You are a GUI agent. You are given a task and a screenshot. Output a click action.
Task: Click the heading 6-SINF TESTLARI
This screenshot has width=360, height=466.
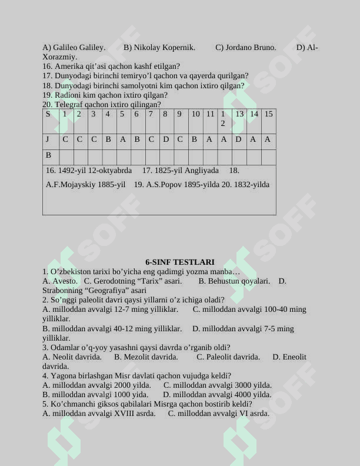click(x=180, y=262)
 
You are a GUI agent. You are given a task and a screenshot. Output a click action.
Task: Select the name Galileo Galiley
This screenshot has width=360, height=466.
click(x=79, y=48)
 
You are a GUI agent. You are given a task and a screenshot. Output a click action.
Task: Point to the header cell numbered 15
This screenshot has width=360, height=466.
click(x=268, y=114)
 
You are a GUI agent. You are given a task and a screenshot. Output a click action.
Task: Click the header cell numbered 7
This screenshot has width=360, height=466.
click(x=151, y=114)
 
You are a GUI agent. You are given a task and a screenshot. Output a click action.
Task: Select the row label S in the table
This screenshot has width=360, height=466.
click(x=48, y=114)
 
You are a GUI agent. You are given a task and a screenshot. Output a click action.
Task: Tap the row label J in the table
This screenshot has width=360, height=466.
click(x=48, y=139)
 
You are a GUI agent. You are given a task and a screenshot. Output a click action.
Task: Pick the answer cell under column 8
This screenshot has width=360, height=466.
click(x=166, y=139)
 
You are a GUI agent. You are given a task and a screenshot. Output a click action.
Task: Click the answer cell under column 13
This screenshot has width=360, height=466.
click(x=238, y=139)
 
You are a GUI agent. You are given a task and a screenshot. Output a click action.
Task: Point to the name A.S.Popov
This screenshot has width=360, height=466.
click(x=162, y=185)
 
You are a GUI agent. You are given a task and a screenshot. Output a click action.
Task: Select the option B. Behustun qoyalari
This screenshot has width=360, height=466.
click(x=234, y=281)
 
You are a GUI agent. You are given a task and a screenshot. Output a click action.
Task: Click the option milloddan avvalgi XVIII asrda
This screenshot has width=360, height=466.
click(x=99, y=414)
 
